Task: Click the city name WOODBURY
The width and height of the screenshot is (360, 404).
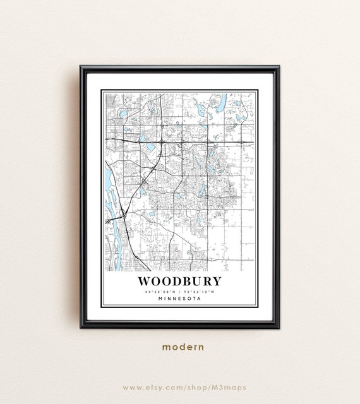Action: [x=179, y=280]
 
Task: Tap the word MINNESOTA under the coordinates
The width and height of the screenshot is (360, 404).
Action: [x=179, y=299]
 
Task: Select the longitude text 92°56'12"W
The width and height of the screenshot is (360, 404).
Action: [x=200, y=291]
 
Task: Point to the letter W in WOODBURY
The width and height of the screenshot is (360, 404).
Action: [x=144, y=280]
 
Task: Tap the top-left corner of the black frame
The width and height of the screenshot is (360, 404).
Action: [x=81, y=66]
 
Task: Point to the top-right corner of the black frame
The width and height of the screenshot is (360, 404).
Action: [x=279, y=66]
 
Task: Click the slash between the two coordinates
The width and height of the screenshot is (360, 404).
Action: [x=180, y=291]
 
